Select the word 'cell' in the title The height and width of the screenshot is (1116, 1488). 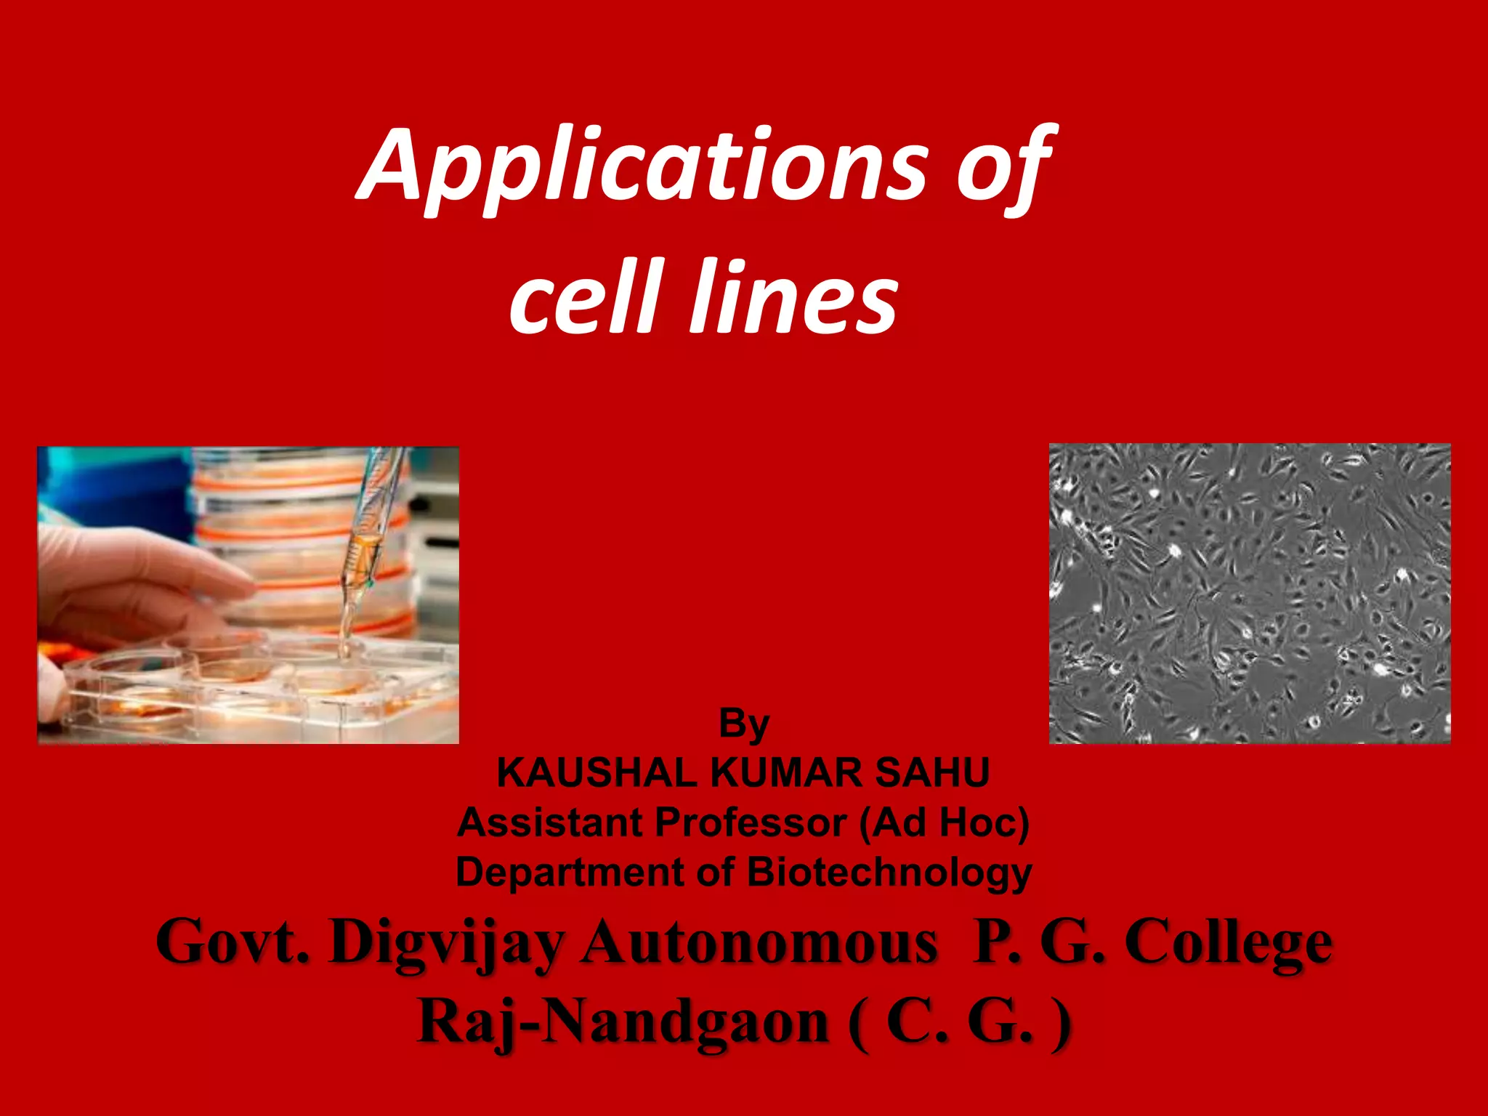click(x=587, y=298)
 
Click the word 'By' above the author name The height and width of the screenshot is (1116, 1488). click(x=743, y=724)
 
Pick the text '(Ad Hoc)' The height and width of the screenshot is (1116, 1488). click(x=944, y=822)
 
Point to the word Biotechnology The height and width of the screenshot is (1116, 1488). click(x=889, y=872)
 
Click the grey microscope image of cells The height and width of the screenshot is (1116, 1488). click(x=1250, y=593)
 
